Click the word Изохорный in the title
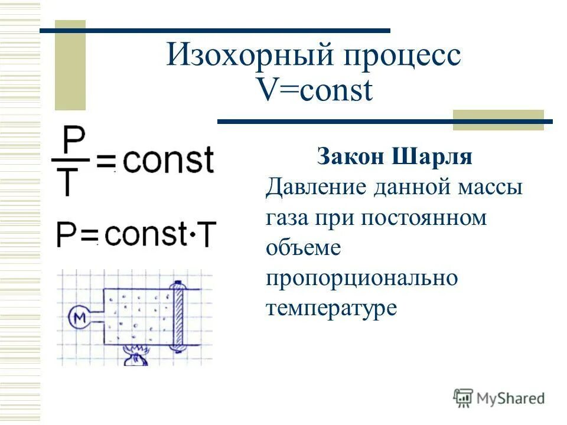tap(247, 57)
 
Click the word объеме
tap(302, 248)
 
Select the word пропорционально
tap(361, 278)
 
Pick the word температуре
tap(330, 308)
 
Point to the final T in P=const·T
tap(206, 235)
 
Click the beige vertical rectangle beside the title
tap(70, 65)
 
